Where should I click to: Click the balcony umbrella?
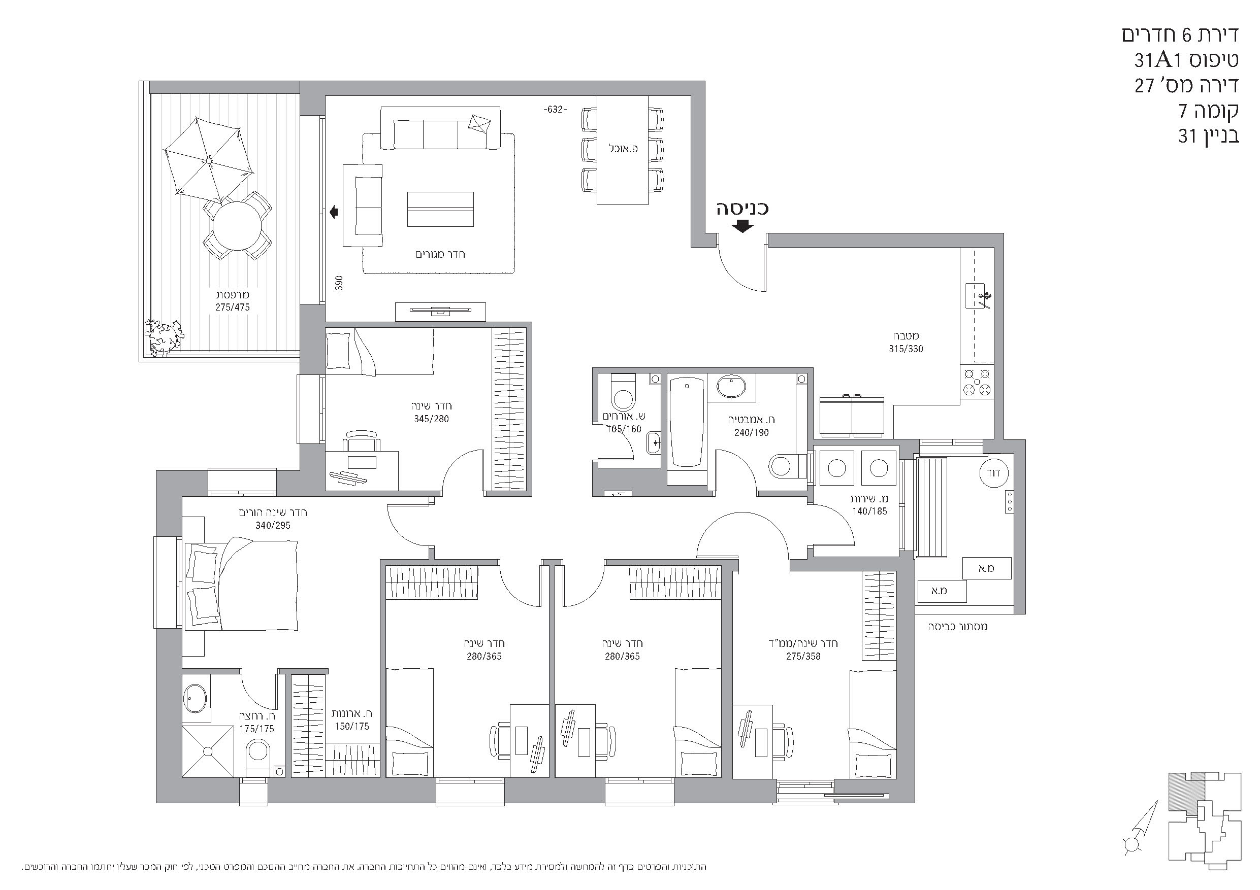point(209,160)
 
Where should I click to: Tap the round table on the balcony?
point(237,226)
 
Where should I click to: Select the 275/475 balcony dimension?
point(232,307)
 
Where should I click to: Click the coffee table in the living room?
point(440,209)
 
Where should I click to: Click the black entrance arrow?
point(742,226)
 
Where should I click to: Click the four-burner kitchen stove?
point(977,382)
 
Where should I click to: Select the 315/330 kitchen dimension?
point(906,349)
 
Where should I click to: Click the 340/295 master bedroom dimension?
point(273,525)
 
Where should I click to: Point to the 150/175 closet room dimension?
point(352,727)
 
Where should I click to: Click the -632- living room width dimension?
point(555,110)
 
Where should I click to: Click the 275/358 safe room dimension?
point(803,656)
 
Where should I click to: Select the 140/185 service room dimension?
point(869,511)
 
